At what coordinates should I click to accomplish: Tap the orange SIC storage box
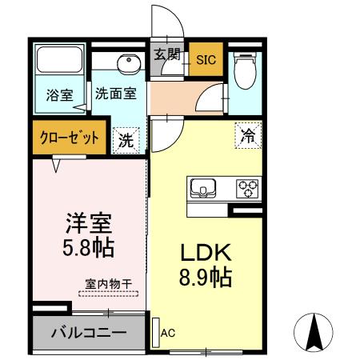pos(206,59)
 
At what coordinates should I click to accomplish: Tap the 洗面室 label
pos(115,92)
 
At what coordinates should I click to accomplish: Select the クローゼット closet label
pos(70,137)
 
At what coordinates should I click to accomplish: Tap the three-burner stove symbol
pos(248,189)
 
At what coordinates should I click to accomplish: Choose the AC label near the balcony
pos(168,333)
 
